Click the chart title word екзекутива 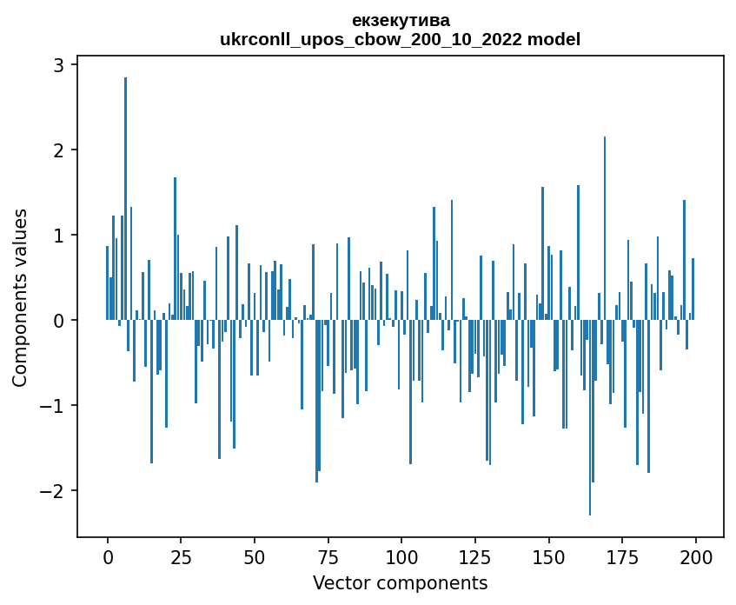pos(401,20)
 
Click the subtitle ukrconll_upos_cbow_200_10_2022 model pos(401,39)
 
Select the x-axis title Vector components pos(401,582)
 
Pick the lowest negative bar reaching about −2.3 pos(590,417)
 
